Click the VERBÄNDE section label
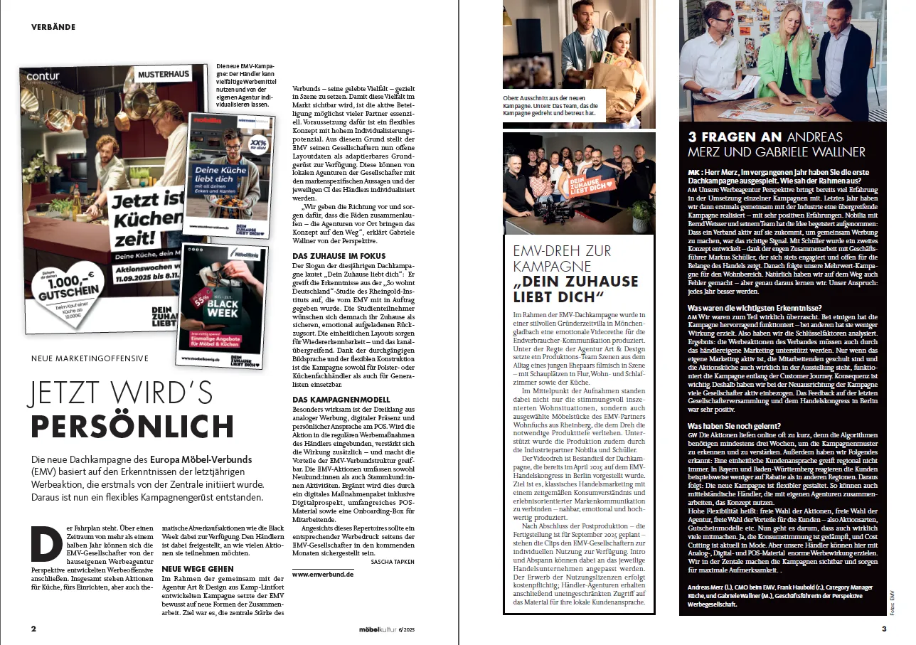pos(53,27)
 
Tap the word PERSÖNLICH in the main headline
pos(132,425)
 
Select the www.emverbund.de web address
pos(323,573)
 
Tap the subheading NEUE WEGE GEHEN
pos(198,569)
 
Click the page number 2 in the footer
pos(33,629)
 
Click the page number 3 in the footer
pos(884,629)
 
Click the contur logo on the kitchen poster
pos(44,74)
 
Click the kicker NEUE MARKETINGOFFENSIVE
pos(89,358)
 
